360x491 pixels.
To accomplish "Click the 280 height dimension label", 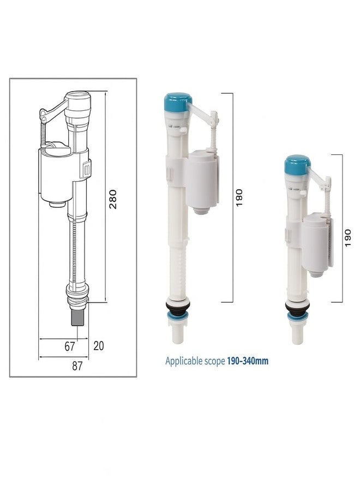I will click(113, 200).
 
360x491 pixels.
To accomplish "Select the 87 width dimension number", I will click(77, 366).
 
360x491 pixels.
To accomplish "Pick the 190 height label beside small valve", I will click(348, 237).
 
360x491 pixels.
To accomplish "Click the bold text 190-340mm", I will click(248, 361).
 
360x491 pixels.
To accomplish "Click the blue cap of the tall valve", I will click(178, 101).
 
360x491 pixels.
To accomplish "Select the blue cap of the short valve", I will click(297, 163).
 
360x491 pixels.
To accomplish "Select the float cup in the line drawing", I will click(56, 175).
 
